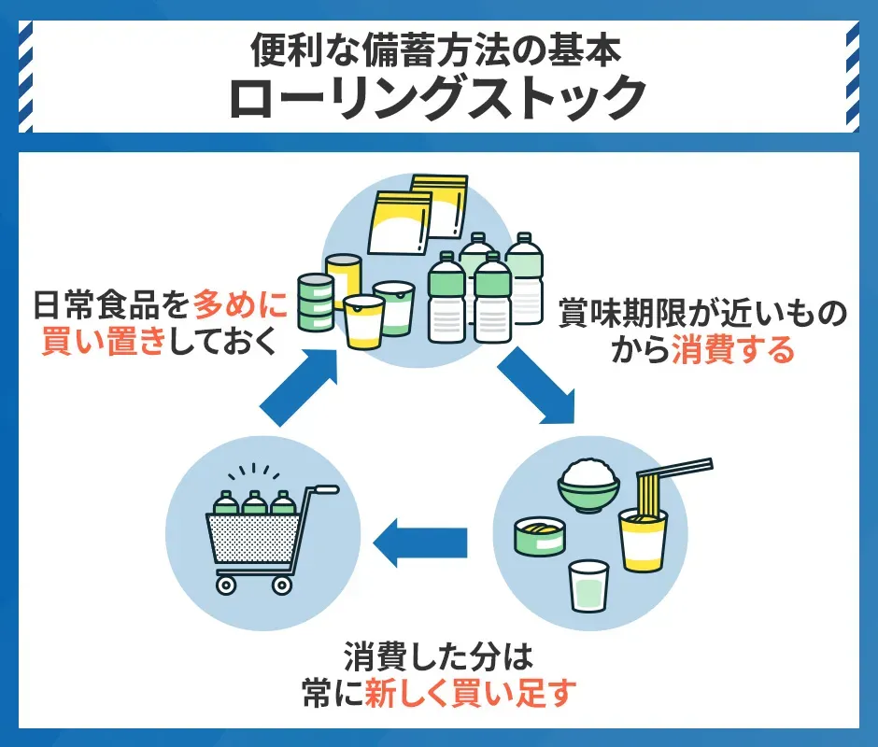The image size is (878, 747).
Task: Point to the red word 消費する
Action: click(x=733, y=350)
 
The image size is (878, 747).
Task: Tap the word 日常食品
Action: click(x=100, y=305)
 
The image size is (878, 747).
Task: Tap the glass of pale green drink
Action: click(x=588, y=585)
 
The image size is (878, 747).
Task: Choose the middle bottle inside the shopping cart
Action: click(x=254, y=505)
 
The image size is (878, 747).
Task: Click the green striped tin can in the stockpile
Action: click(x=315, y=303)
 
